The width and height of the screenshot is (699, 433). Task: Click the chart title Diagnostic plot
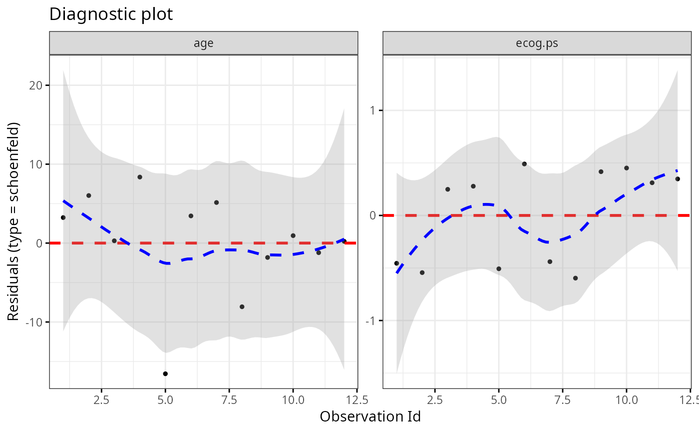[111, 14]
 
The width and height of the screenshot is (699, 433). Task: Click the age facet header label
[204, 43]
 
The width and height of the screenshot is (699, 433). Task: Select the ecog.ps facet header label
[537, 43]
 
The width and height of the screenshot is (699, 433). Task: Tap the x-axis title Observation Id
[370, 416]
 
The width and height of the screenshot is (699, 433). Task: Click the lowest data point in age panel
[165, 373]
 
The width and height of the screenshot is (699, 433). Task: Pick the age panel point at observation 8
[242, 306]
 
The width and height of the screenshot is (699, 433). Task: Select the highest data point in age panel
[140, 177]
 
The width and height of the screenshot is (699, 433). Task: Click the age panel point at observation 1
[63, 217]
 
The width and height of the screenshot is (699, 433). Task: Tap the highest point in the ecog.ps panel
[524, 164]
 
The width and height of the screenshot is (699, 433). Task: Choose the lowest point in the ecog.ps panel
[575, 278]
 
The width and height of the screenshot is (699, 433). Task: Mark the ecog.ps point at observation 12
[678, 178]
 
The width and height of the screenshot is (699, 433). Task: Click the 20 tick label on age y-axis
[37, 85]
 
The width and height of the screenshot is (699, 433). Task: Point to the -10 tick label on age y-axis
[35, 322]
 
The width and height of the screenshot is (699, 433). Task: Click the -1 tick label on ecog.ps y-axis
[371, 320]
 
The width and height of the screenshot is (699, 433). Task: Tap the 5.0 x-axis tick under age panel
[165, 399]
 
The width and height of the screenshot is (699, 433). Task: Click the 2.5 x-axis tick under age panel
[101, 399]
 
